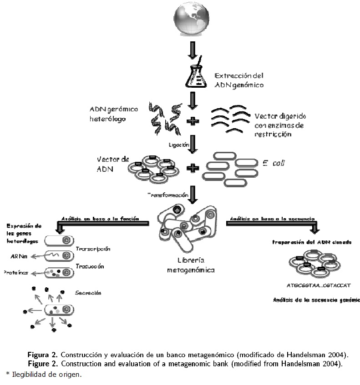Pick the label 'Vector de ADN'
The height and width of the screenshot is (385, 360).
click(x=113, y=164)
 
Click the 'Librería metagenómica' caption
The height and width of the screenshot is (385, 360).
click(x=191, y=266)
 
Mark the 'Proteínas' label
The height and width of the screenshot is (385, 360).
click(x=18, y=273)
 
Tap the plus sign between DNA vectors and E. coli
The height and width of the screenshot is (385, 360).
click(x=194, y=168)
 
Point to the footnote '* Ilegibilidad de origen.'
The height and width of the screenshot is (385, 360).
click(x=43, y=375)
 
